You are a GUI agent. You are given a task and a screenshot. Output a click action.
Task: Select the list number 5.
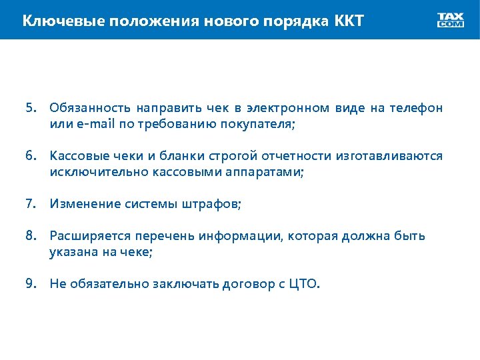pyautogui.click(x=30, y=107)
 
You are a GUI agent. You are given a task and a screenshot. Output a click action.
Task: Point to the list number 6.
pyautogui.click(x=30, y=155)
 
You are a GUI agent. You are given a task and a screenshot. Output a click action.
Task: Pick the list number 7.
pyautogui.click(x=30, y=203)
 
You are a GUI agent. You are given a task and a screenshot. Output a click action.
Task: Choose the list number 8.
pyautogui.click(x=30, y=236)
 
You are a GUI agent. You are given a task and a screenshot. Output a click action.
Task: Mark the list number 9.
pyautogui.click(x=30, y=284)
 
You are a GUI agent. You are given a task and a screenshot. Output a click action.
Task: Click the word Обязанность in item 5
pyautogui.click(x=89, y=108)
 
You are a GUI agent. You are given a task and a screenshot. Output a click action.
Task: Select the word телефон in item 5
pyautogui.click(x=416, y=108)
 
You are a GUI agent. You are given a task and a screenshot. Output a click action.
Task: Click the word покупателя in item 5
pyautogui.click(x=257, y=124)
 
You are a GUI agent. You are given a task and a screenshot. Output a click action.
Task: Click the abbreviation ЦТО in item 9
pyautogui.click(x=305, y=285)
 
